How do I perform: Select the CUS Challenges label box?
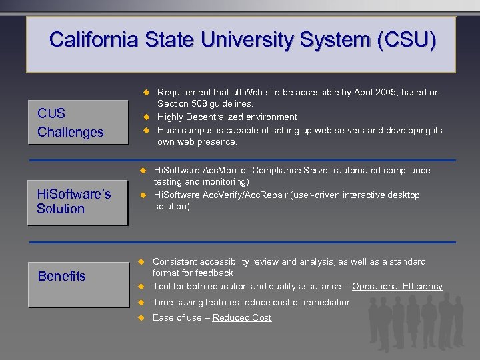pyautogui.click(x=77, y=123)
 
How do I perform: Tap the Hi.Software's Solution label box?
pyautogui.click(x=77, y=201)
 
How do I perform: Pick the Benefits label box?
pyautogui.click(x=77, y=276)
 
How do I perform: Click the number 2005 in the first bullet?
pyautogui.click(x=377, y=93)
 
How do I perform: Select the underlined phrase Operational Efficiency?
pyautogui.click(x=397, y=287)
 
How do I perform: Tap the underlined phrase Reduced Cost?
pyautogui.click(x=241, y=318)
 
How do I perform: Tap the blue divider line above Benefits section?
pyautogui.click(x=293, y=242)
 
